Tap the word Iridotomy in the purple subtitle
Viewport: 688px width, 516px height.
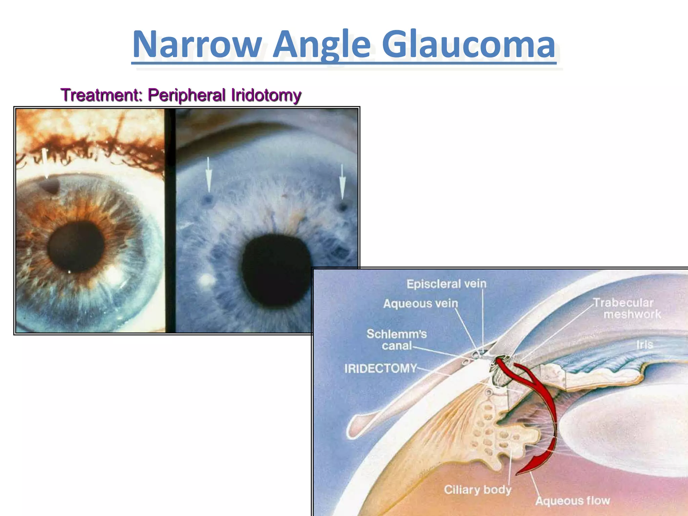266,95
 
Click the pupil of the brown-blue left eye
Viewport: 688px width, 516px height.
76,246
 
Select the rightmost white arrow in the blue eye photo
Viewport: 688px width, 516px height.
342,181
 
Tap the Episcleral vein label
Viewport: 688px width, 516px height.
446,284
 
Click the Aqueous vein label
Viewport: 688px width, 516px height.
421,304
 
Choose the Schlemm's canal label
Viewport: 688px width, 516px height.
396,340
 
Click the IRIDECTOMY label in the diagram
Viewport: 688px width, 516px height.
380,369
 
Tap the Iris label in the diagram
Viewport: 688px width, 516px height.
644,345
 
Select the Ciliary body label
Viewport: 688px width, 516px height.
477,489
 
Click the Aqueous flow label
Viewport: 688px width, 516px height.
572,501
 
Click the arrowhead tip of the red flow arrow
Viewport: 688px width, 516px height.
517,474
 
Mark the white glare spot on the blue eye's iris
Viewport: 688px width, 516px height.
206,279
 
